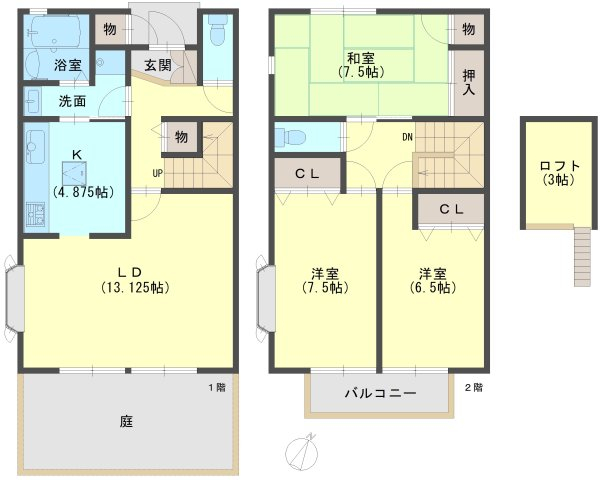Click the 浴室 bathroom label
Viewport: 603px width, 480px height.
pos(68,65)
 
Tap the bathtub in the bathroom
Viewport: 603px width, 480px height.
pos(55,32)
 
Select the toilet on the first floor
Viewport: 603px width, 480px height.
pos(218,30)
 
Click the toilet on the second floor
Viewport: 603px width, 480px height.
pos(291,137)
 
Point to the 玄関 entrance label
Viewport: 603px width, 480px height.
pos(158,65)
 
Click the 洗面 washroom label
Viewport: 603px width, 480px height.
pos(72,101)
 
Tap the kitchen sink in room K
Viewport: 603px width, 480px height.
pos(35,146)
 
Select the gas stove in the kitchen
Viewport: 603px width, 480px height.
pos(35,214)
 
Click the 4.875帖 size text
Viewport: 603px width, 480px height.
pos(83,192)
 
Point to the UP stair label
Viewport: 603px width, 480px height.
pos(158,173)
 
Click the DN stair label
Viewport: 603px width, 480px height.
pos(408,137)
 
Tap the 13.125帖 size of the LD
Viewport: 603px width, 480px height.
pos(135,287)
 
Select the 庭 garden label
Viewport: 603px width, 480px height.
pos(126,422)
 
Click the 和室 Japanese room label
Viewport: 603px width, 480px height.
pos(361,58)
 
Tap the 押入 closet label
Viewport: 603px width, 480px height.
pos(469,82)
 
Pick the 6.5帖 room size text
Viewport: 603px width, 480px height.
pos(433,287)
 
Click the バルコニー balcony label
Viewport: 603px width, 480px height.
pos(380,393)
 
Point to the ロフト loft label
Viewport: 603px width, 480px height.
pos(560,166)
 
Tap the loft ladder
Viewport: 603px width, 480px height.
pos(582,257)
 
